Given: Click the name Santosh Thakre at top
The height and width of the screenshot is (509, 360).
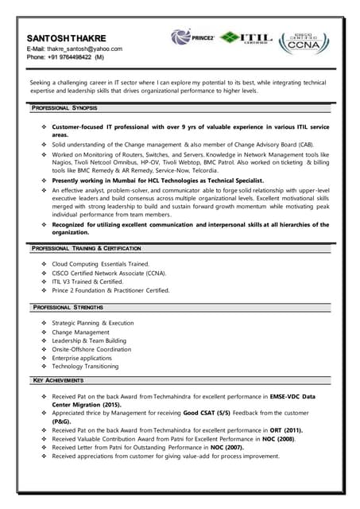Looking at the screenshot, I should [66, 37].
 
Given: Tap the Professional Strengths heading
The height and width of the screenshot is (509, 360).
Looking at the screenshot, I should [68, 307].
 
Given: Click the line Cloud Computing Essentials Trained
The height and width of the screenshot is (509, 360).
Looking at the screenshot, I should [100, 263].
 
